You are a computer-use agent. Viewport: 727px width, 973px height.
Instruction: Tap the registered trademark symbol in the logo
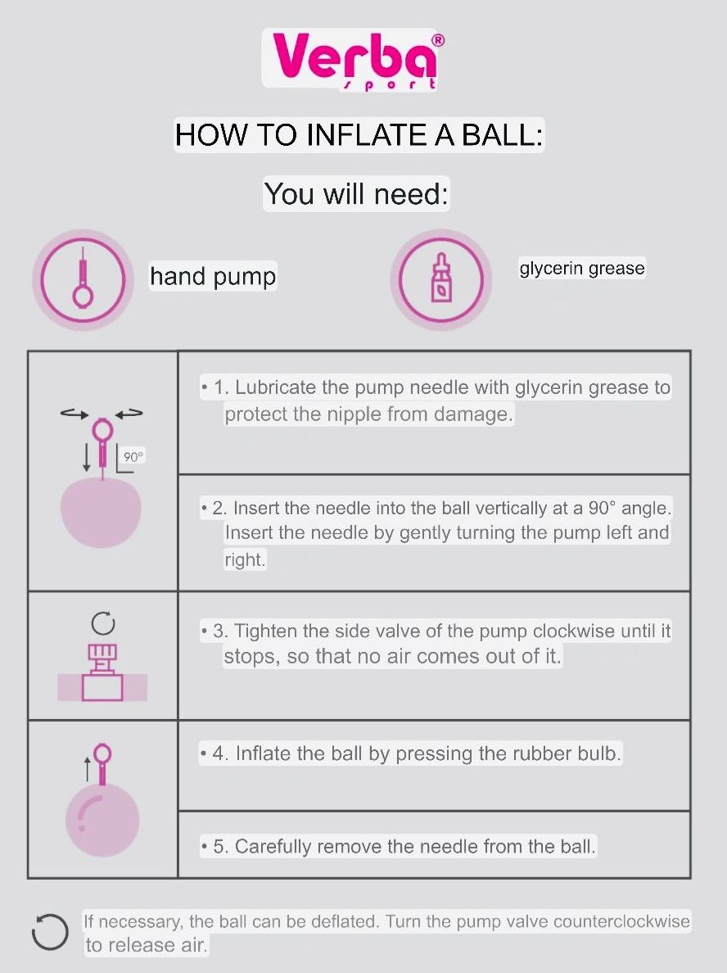click(437, 40)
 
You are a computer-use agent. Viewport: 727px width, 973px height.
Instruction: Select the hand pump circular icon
click(83, 280)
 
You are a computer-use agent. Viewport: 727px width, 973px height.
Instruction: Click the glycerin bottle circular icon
click(441, 280)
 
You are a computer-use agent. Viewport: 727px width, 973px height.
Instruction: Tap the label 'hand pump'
click(213, 276)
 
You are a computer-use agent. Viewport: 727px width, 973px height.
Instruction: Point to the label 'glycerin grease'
click(582, 268)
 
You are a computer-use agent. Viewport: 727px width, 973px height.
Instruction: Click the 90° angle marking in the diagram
click(133, 457)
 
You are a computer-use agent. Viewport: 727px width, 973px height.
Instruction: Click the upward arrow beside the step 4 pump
click(88, 768)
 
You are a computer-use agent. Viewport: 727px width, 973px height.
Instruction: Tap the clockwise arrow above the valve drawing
click(103, 623)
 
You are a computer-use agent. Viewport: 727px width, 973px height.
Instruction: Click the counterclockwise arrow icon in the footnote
click(50, 931)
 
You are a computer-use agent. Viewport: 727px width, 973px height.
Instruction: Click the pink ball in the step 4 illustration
click(102, 820)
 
